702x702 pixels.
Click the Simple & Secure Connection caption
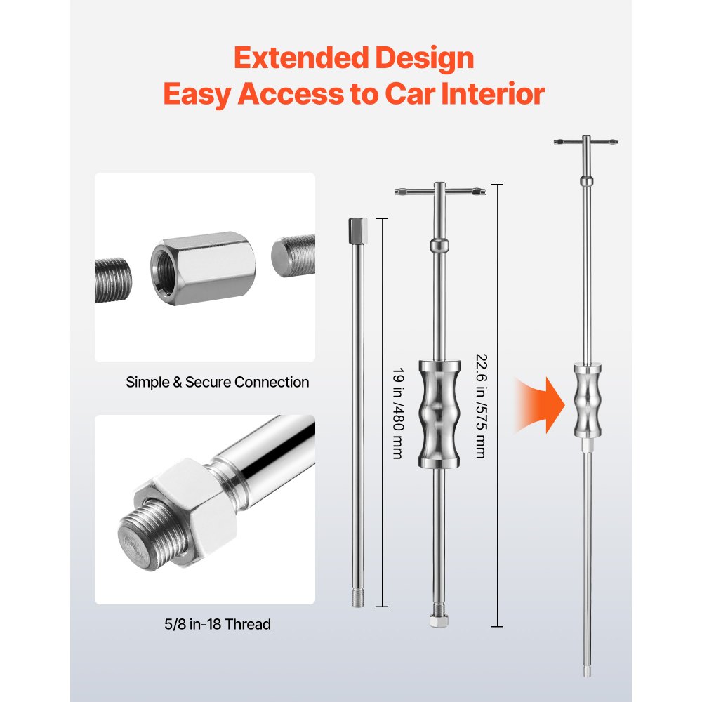coord(218,383)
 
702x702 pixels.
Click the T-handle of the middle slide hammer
coord(439,192)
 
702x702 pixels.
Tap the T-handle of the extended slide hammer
coord(585,142)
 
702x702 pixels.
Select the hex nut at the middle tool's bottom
coord(438,621)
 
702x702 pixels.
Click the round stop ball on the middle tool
coord(439,246)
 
